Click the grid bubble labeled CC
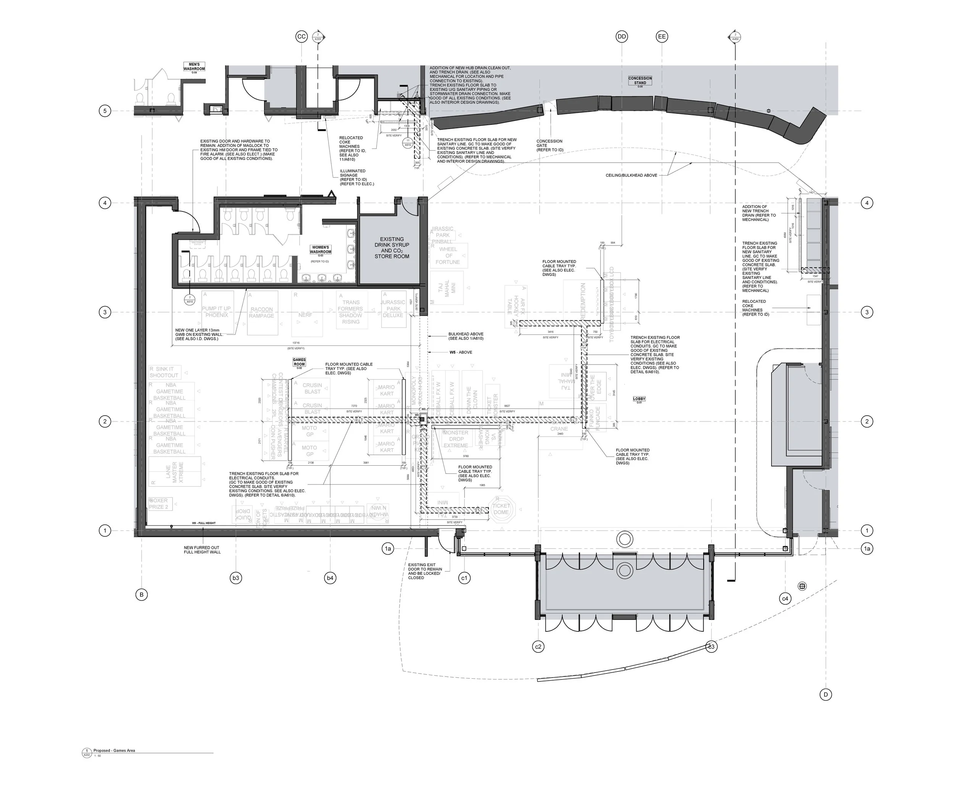pyautogui.click(x=301, y=37)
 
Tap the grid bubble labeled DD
pyautogui.click(x=622, y=37)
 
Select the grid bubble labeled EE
pyautogui.click(x=662, y=37)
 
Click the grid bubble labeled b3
pyautogui.click(x=236, y=578)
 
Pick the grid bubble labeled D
pyautogui.click(x=825, y=694)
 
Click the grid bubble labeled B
pyautogui.click(x=141, y=594)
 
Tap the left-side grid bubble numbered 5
pyautogui.click(x=105, y=111)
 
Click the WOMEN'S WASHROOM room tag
pyautogui.click(x=321, y=250)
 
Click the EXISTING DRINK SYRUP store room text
pyautogui.click(x=392, y=248)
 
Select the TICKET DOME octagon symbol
pyautogui.click(x=501, y=508)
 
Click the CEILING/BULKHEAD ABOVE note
pyautogui.click(x=631, y=176)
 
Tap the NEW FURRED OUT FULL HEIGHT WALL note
pyautogui.click(x=202, y=550)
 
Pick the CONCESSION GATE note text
pyautogui.click(x=549, y=145)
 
